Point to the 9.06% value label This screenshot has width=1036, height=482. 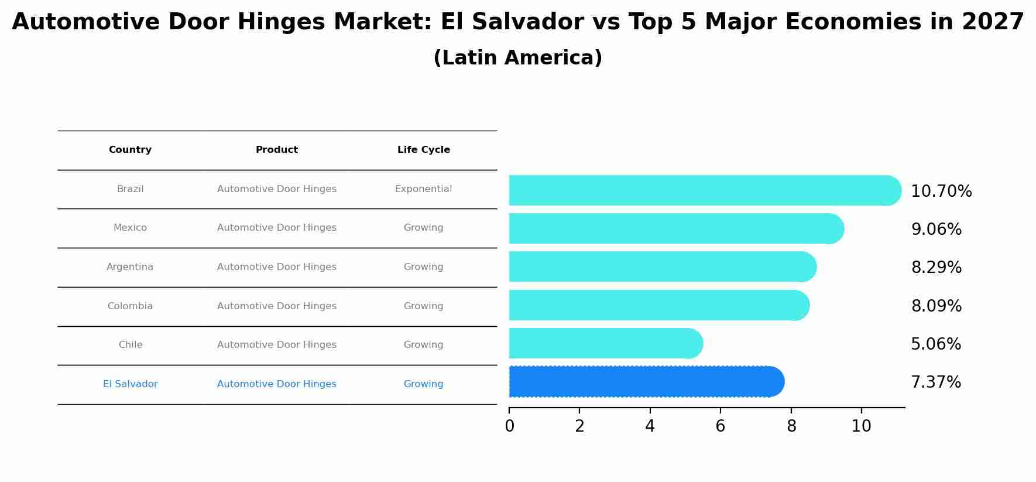936,230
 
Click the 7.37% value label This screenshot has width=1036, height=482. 935,382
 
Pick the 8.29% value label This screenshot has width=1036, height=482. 936,268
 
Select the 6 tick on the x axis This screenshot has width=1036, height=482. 720,426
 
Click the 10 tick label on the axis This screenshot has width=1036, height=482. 861,426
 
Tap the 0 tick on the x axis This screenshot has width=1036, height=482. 509,426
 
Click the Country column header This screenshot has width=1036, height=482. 130,150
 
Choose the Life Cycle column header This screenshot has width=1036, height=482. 423,150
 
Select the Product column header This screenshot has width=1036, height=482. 276,150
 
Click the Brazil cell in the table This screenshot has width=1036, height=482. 130,189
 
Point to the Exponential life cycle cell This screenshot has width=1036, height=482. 423,189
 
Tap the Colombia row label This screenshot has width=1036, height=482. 130,306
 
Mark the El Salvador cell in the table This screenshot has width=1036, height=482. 130,384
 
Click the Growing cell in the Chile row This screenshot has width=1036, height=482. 423,345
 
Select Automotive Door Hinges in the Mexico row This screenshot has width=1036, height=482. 276,228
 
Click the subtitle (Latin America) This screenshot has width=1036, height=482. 517,58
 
